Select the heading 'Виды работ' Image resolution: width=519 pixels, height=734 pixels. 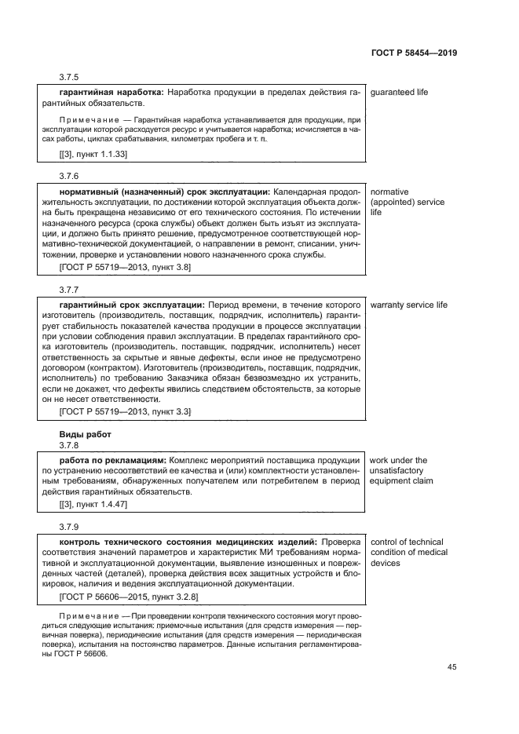pyautogui.click(x=86, y=434)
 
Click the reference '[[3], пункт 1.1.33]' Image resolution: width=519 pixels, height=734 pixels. pyautogui.click(x=93, y=154)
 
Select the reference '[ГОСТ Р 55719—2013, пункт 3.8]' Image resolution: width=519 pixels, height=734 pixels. pyautogui.click(x=125, y=267)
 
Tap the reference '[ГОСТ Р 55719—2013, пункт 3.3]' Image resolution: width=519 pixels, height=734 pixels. pyautogui.click(x=125, y=411)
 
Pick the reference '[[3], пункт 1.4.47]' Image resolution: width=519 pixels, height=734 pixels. pyautogui.click(x=93, y=504)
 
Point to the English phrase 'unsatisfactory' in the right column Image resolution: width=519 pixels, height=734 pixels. pyautogui.click(x=400, y=471)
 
